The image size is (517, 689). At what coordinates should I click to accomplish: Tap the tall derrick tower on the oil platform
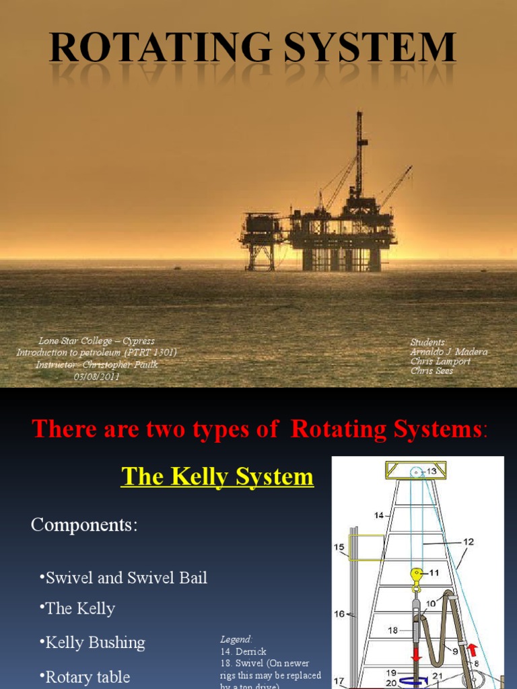pos(359,155)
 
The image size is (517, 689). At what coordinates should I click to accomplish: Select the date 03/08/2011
pos(96,377)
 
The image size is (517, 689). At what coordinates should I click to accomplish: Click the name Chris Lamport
pos(441,361)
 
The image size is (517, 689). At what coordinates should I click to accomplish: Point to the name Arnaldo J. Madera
pos(449,352)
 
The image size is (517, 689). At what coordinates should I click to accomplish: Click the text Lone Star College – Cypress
pos(96,342)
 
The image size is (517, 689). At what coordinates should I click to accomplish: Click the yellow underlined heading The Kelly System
pos(217,477)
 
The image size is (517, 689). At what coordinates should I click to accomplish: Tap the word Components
pos(83,525)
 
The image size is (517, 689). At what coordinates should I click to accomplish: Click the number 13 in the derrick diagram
pos(431,472)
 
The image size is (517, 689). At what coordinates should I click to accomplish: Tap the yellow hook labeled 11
pos(417,575)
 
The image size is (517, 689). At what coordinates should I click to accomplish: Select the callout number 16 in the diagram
pos(340,614)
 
